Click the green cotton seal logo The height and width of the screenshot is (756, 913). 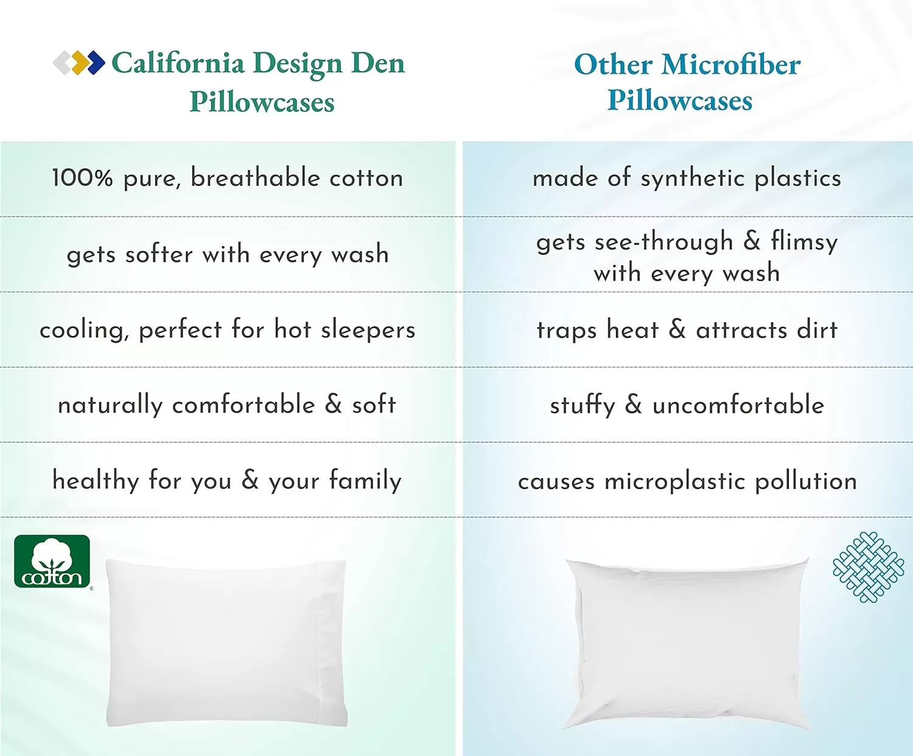(52, 561)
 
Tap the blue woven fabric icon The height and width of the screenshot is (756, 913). (868, 567)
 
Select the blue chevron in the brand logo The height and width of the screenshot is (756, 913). (96, 63)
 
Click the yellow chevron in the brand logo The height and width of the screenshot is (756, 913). (80, 63)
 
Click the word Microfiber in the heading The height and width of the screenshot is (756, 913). (730, 65)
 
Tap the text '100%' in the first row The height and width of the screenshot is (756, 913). (82, 178)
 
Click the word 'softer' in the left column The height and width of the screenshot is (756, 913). (159, 254)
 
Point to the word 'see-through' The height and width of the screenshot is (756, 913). (664, 242)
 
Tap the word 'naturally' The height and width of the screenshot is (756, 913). (110, 405)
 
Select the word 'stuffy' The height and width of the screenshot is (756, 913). (582, 405)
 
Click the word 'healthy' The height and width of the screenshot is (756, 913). (96, 480)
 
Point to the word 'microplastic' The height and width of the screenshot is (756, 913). (674, 482)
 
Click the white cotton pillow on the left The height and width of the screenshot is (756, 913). (226, 643)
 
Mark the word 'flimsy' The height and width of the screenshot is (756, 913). (804, 242)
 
